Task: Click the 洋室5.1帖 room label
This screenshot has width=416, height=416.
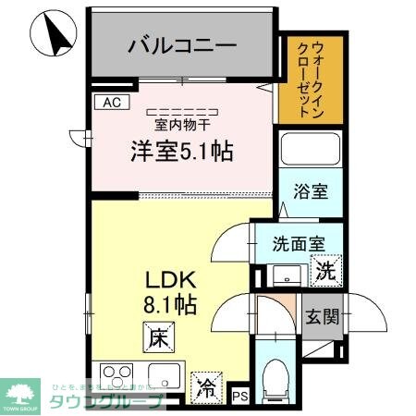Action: [179, 150]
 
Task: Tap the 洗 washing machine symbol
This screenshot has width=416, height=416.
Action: [326, 272]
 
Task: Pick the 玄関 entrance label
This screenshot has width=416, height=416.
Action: [322, 316]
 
